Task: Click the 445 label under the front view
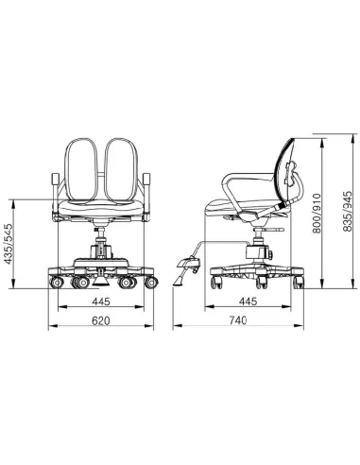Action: pyautogui.click(x=99, y=302)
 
